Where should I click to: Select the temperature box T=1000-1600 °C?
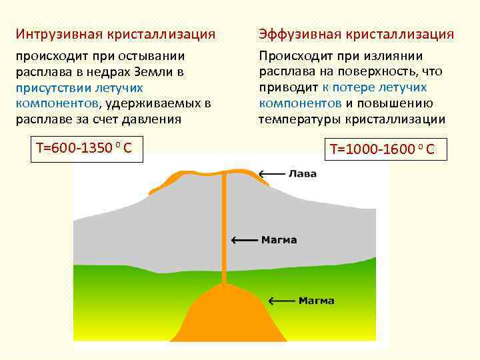pos(382,149)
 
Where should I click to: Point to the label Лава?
pos(302,174)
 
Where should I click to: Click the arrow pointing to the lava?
pos(271,174)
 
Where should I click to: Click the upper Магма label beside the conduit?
pos(279,240)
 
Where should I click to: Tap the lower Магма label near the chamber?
pos(316,301)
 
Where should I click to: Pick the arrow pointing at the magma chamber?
pos(281,301)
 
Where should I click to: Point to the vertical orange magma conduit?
pos(224,227)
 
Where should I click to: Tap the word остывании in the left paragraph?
pos(152,55)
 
